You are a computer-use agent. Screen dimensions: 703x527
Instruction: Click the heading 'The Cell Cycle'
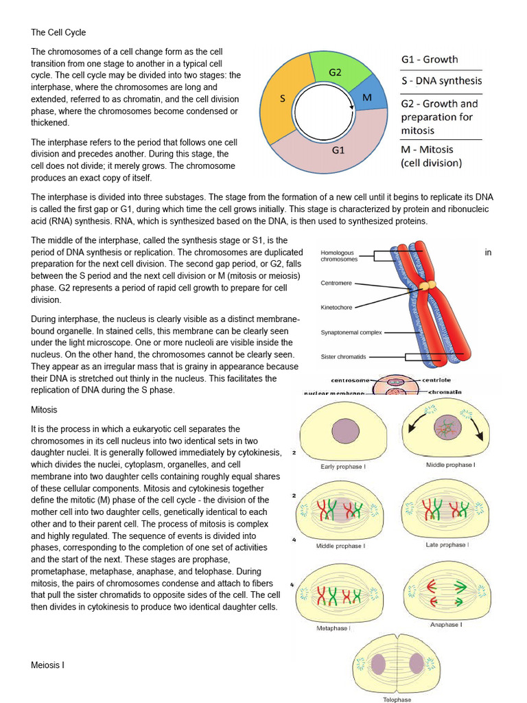click(x=58, y=32)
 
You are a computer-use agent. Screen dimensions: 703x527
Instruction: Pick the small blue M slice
click(x=367, y=97)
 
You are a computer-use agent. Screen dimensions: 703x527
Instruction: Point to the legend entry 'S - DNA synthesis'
click(x=441, y=80)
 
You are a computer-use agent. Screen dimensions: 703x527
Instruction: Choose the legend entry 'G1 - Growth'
click(x=430, y=59)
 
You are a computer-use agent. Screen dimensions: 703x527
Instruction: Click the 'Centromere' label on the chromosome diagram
click(x=336, y=282)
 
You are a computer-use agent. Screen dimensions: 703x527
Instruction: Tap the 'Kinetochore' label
click(x=336, y=308)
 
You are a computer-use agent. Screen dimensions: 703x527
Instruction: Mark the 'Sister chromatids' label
click(x=343, y=356)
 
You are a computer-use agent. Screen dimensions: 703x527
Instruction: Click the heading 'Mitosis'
click(x=44, y=410)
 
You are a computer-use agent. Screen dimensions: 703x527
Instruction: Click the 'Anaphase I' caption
click(x=445, y=625)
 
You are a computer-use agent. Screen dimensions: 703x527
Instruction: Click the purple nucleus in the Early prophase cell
click(x=345, y=431)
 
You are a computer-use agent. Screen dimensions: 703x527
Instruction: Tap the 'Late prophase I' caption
click(x=447, y=544)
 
